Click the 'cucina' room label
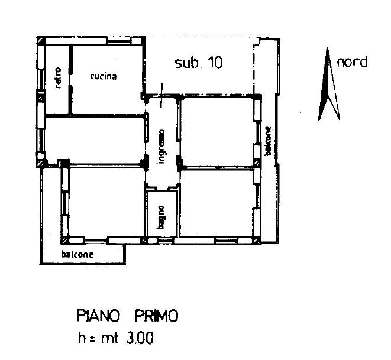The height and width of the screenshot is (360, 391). pyautogui.click(x=104, y=76)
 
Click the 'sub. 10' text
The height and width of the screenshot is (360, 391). pyautogui.click(x=198, y=63)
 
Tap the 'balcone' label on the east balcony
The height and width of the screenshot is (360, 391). pyautogui.click(x=268, y=141)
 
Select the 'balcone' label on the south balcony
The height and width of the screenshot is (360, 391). pyautogui.click(x=77, y=255)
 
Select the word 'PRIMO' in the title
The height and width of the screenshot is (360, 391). pyautogui.click(x=156, y=316)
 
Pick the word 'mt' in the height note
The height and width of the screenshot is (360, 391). pyautogui.click(x=111, y=339)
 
